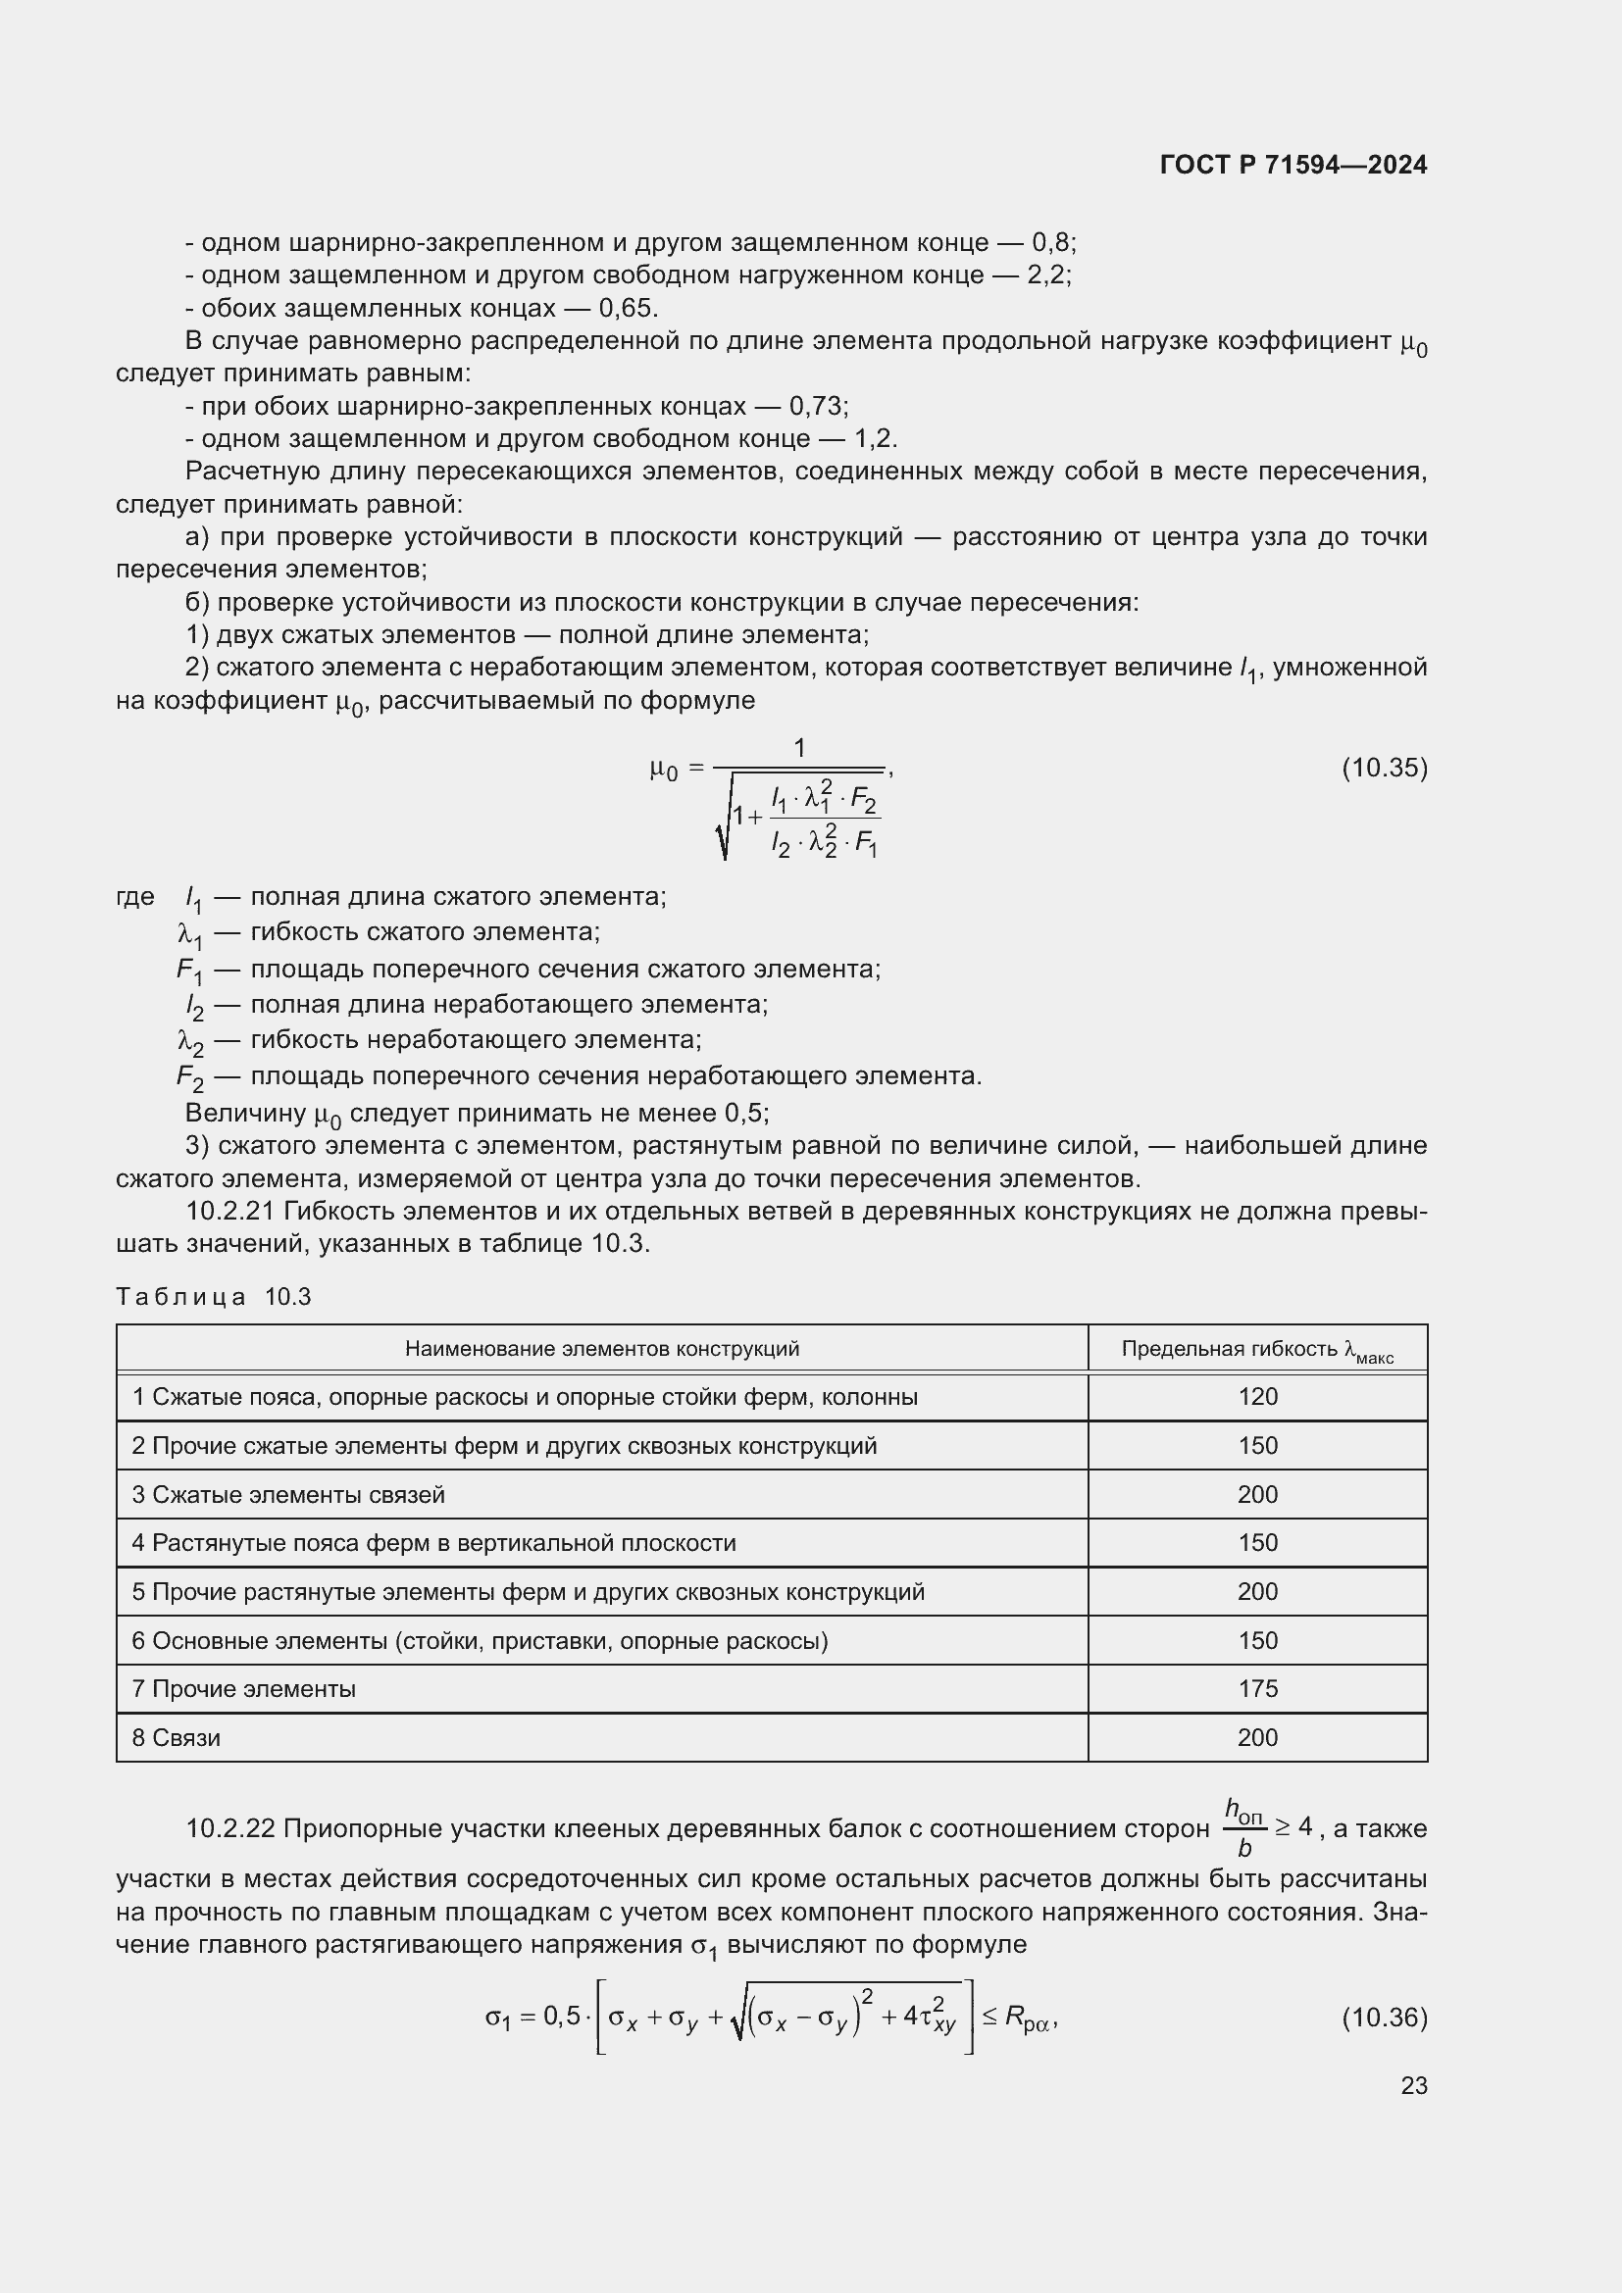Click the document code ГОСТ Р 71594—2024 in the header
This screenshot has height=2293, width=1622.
click(x=1293, y=166)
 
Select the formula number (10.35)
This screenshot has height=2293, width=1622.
click(x=1384, y=768)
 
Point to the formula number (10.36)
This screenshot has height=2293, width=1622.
click(x=1384, y=2018)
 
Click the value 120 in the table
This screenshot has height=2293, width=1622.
click(x=1256, y=1397)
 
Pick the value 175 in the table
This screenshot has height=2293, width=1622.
click(x=1256, y=1689)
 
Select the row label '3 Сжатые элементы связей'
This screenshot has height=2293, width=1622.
click(x=288, y=1495)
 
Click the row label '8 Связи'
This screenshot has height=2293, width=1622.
click(x=177, y=1738)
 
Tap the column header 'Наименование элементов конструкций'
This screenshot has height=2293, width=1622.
click(x=601, y=1349)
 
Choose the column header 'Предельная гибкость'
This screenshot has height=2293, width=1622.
click(x=1256, y=1350)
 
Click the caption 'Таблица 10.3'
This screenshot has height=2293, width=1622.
click(x=214, y=1297)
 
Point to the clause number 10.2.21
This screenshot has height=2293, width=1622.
click(x=231, y=1212)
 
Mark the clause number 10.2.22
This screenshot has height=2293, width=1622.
click(x=231, y=1828)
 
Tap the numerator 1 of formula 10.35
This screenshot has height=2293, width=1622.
click(x=799, y=748)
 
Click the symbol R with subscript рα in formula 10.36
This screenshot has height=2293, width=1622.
click(x=1027, y=2019)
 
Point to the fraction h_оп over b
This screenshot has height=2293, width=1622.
click(x=1243, y=1827)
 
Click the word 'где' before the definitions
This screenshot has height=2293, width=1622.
click(x=134, y=897)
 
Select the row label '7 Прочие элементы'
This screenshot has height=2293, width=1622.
click(x=244, y=1689)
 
